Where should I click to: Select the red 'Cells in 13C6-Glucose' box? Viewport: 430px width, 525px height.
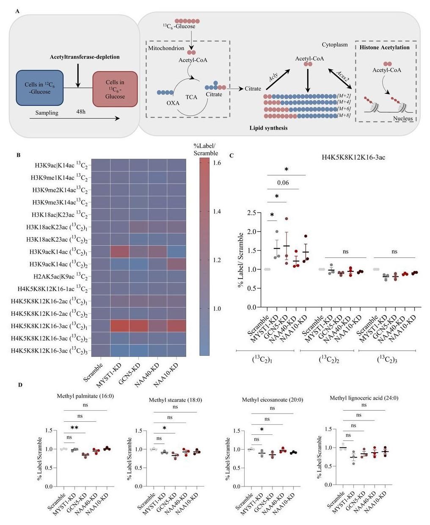click(x=115, y=89)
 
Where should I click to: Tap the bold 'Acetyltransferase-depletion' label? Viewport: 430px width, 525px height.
click(x=85, y=57)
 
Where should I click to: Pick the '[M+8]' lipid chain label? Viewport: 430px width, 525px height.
click(x=344, y=115)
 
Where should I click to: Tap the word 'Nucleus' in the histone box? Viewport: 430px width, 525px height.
click(x=402, y=119)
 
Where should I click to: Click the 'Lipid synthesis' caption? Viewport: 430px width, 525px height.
click(x=268, y=127)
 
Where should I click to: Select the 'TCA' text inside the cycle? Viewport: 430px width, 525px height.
click(x=191, y=97)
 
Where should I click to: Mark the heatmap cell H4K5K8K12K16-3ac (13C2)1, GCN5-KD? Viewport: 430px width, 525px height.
click(x=138, y=326)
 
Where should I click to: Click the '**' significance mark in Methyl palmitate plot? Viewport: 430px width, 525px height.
click(x=75, y=428)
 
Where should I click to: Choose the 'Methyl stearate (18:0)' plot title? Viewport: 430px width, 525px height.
click(x=175, y=400)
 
